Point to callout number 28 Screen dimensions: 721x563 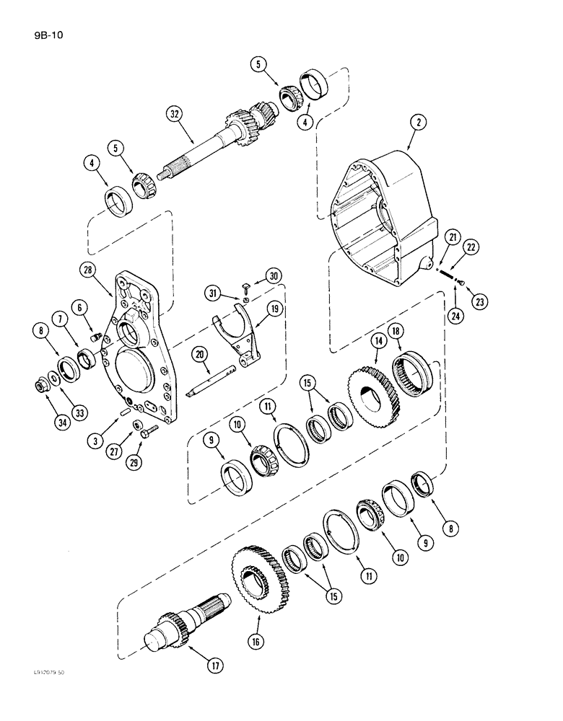(86, 270)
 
